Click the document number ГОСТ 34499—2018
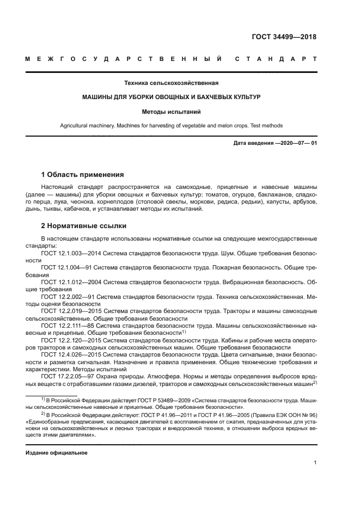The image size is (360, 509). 283,38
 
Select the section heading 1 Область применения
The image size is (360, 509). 82,175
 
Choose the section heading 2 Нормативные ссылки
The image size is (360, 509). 83,225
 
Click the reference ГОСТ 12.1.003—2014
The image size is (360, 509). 71,254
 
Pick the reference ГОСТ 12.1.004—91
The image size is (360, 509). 67,268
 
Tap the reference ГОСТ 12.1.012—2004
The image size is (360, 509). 71,282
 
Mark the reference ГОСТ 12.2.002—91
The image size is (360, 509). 67,296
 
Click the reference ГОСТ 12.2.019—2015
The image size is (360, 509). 71,310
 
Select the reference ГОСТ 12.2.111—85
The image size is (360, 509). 67,325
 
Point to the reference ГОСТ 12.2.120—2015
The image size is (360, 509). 71,339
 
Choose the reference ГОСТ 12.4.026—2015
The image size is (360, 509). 71,353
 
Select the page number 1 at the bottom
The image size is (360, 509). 315,463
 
